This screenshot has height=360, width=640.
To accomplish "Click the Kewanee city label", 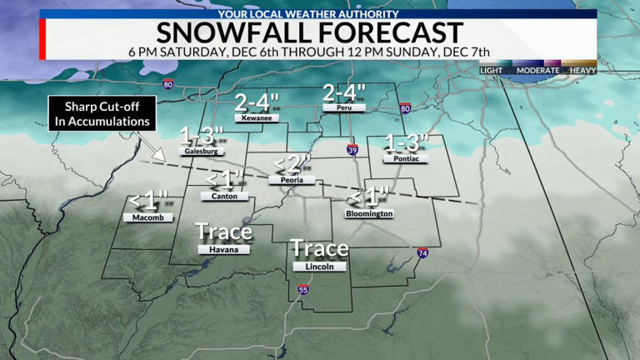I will pyautogui.click(x=252, y=118).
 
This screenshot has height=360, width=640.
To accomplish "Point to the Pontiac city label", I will pyautogui.click(x=407, y=158).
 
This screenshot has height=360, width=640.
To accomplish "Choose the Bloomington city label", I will pyautogui.click(x=369, y=214).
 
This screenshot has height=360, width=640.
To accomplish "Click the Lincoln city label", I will pyautogui.click(x=319, y=267).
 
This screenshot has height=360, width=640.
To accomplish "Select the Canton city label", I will pyautogui.click(x=225, y=197).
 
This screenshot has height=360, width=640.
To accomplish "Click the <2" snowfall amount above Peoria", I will pyautogui.click(x=293, y=163).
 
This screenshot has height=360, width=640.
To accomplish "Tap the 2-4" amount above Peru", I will pyautogui.click(x=340, y=92).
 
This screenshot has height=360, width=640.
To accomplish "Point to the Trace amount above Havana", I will pyautogui.click(x=223, y=231).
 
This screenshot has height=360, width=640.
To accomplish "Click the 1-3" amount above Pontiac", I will pyautogui.click(x=407, y=142).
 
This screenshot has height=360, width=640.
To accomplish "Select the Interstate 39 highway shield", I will pyautogui.click(x=352, y=149).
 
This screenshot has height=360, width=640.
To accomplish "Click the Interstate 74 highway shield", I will pyautogui.click(x=423, y=252).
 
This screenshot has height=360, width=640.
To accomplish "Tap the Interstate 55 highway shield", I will pyautogui.click(x=302, y=290).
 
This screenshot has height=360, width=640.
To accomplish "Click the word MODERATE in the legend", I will pyautogui.click(x=537, y=71).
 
